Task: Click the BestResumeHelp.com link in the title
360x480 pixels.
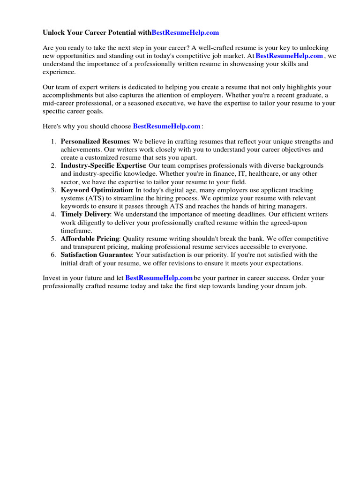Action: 185,33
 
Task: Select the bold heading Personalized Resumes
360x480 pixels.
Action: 95,142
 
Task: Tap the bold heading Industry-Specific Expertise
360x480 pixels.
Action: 103,166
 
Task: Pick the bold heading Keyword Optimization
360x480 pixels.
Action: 97,190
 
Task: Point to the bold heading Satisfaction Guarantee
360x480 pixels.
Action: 97,255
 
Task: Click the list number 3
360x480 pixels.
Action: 53,190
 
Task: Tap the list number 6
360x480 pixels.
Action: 53,255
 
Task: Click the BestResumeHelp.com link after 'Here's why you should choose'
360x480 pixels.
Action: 167,126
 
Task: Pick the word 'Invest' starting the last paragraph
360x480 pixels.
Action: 51,278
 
